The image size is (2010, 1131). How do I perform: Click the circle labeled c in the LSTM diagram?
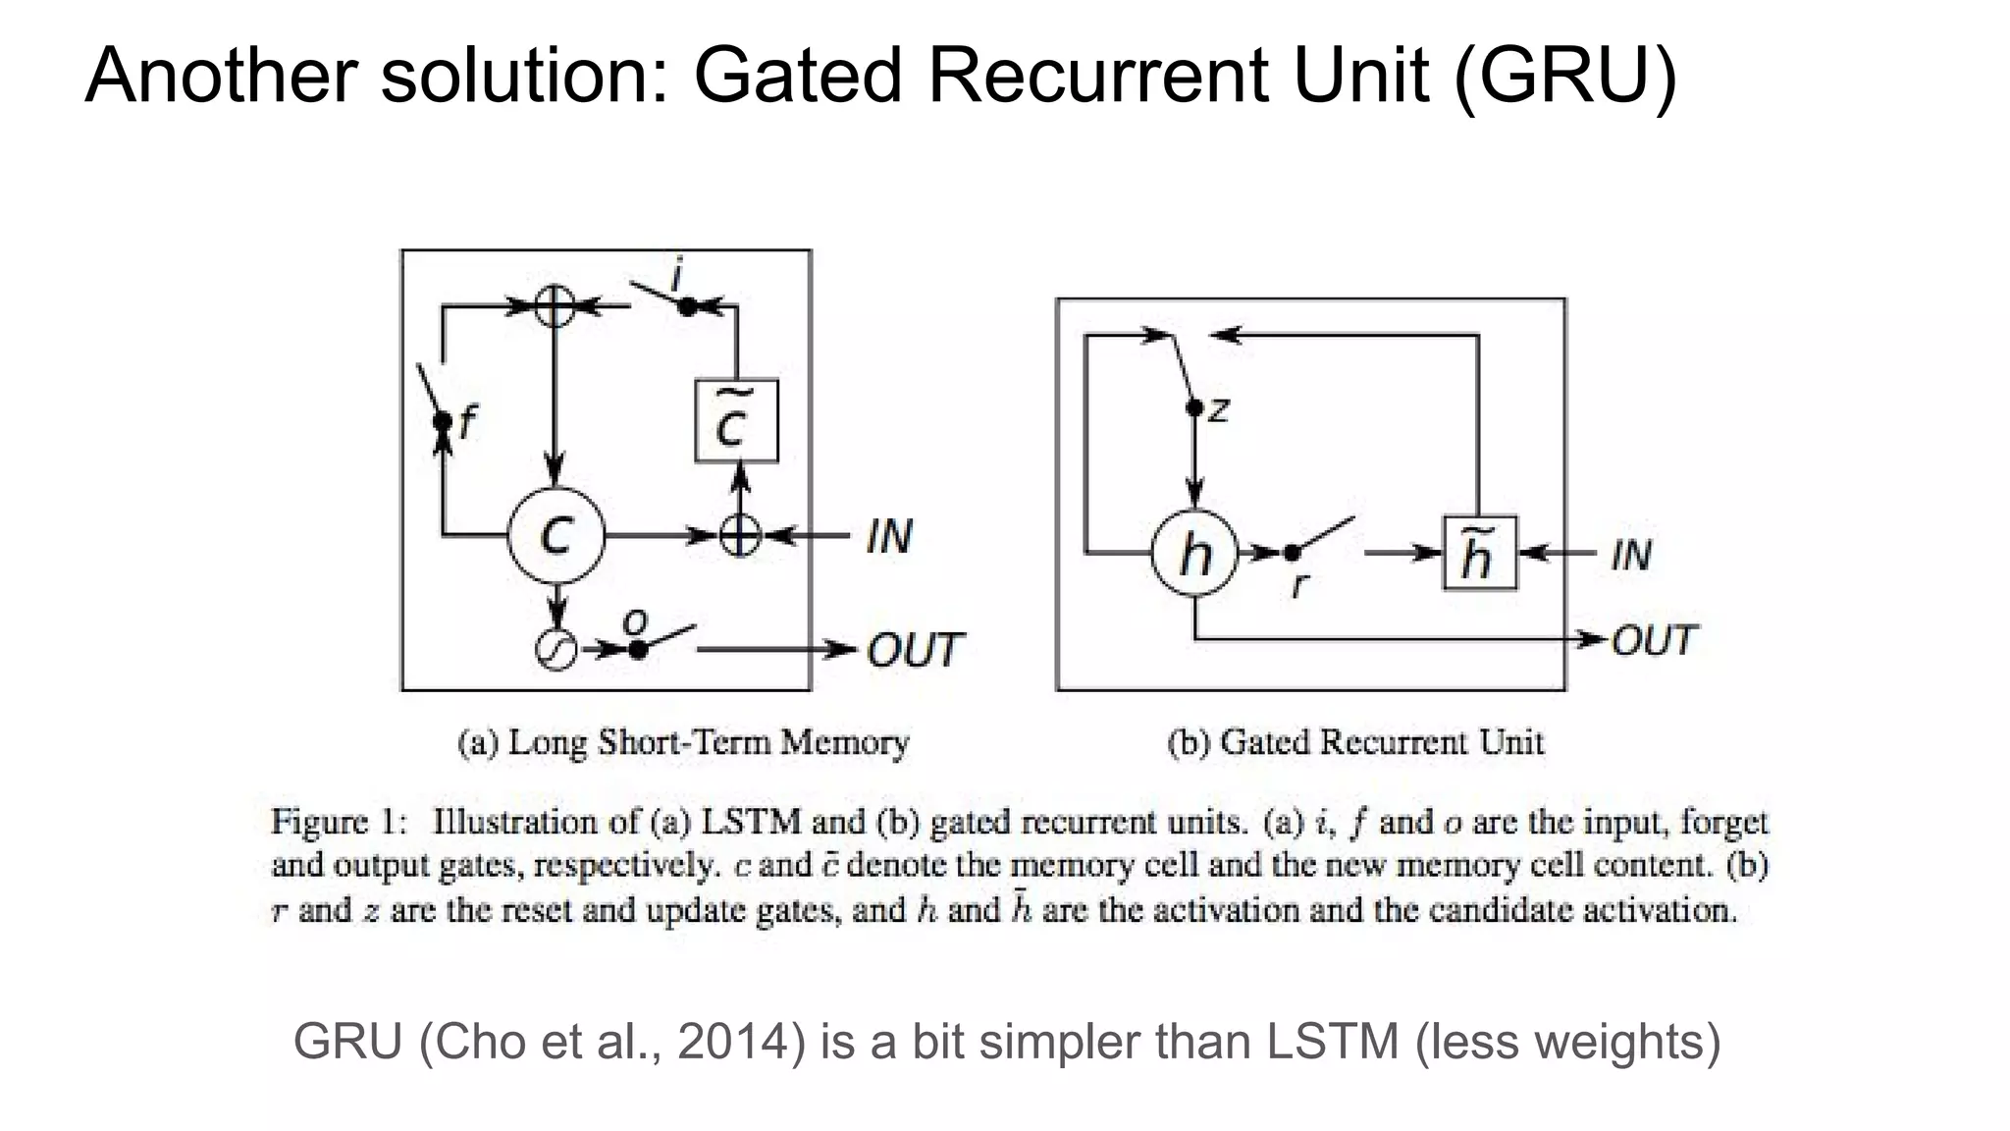[555, 536]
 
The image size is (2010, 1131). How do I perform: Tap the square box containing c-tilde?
[736, 420]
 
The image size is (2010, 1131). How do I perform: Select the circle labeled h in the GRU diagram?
[1194, 554]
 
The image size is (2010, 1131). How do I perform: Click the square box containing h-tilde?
[1479, 554]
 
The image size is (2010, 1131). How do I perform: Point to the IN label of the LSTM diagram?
[889, 536]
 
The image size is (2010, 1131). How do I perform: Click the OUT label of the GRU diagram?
[1655, 640]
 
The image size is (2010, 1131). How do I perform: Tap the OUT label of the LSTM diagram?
[915, 650]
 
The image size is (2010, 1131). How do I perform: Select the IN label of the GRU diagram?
[1631, 555]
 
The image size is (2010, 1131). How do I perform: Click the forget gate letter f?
[467, 422]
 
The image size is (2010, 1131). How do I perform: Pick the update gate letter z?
[1218, 408]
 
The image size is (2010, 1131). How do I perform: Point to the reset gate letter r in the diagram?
[1298, 585]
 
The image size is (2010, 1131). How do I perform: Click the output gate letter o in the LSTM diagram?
[636, 621]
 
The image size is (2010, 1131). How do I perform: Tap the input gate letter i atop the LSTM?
[676, 275]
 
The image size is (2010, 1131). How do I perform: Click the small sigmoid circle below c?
[555, 650]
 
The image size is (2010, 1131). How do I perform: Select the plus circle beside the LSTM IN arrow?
[740, 536]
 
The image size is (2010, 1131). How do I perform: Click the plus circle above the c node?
[555, 306]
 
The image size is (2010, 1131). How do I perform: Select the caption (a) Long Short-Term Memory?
[683, 742]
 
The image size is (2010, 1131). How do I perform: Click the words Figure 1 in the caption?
[339, 821]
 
